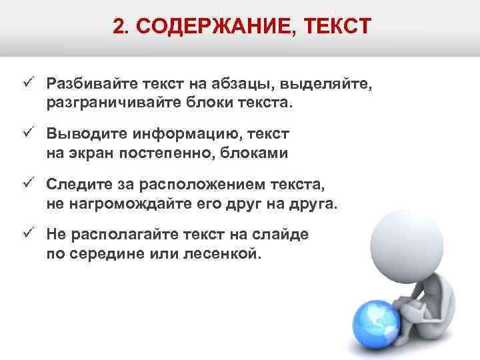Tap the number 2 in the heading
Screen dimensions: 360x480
point(118,27)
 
